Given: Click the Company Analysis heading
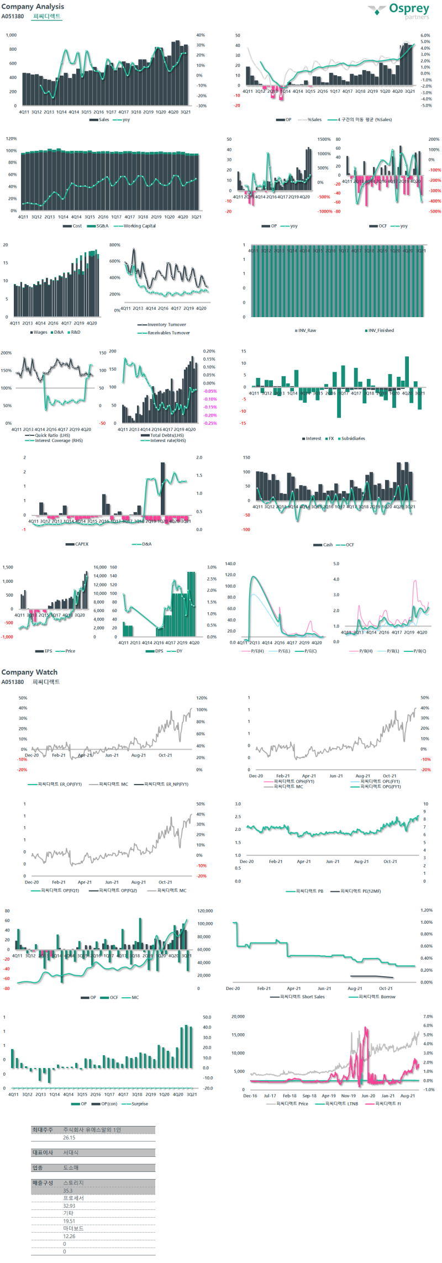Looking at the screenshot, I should tap(33, 7).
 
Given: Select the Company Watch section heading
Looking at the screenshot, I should tap(29, 672).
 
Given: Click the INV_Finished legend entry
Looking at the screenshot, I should tap(381, 330).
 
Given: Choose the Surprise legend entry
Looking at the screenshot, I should tap(139, 1104).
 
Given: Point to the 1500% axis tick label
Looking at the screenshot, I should tap(324, 140).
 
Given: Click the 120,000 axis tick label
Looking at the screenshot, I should tap(205, 911).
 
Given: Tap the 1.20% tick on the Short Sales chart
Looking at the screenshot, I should tap(426, 910).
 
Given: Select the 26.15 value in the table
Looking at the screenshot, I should tap(69, 1138).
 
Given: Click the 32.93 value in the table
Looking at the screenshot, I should tap(69, 1206).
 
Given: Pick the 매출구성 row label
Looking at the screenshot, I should tap(42, 1183).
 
